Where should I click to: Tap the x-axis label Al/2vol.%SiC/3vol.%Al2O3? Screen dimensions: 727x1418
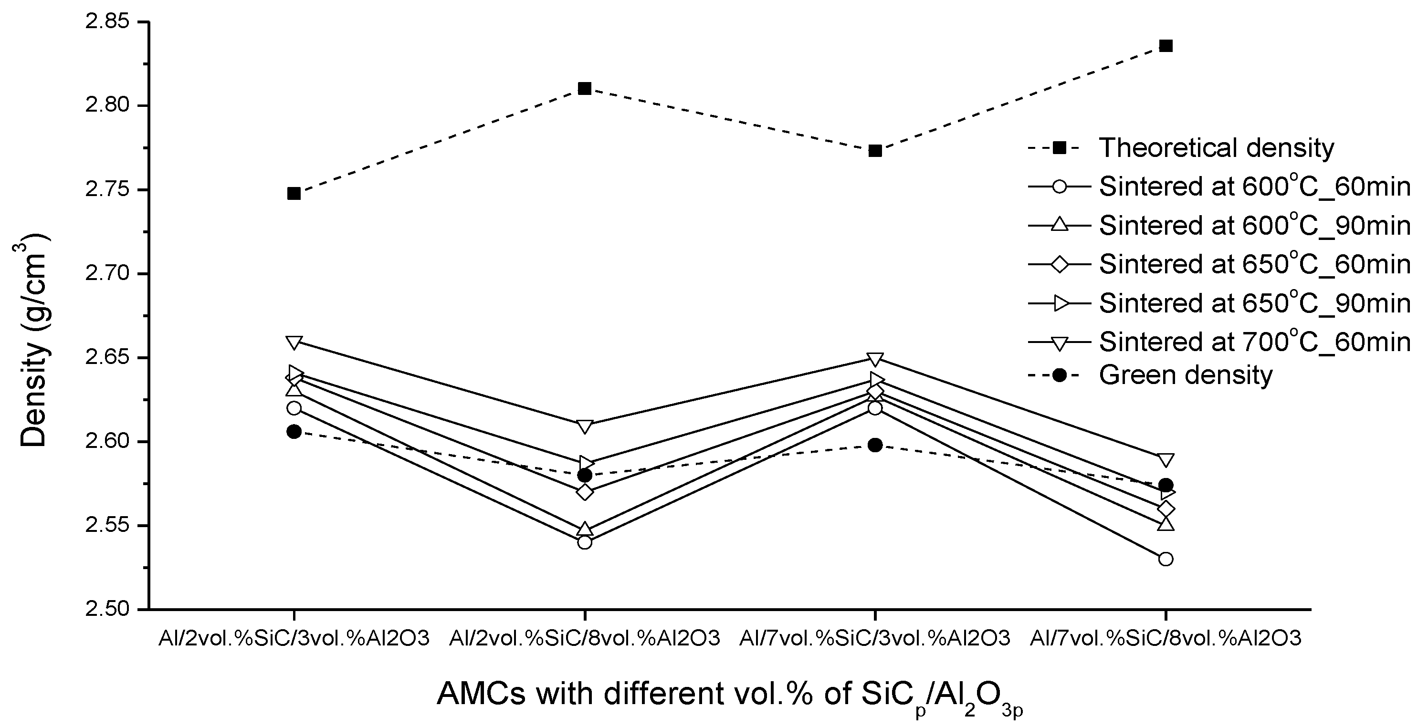294,638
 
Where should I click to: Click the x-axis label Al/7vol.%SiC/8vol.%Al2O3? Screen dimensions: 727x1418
1166,638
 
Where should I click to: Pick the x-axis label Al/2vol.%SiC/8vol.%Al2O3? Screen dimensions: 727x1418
584,638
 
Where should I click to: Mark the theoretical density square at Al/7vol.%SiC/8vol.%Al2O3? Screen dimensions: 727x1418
1166,46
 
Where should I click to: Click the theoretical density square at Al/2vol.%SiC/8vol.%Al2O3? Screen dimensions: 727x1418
585,89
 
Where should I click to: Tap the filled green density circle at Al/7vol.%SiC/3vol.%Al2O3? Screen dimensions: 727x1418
875,445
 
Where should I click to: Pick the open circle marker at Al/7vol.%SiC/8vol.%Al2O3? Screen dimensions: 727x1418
1166,559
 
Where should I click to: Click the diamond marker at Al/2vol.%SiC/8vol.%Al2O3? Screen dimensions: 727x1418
585,492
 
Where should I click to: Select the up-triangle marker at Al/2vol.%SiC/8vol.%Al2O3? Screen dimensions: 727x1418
585,530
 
